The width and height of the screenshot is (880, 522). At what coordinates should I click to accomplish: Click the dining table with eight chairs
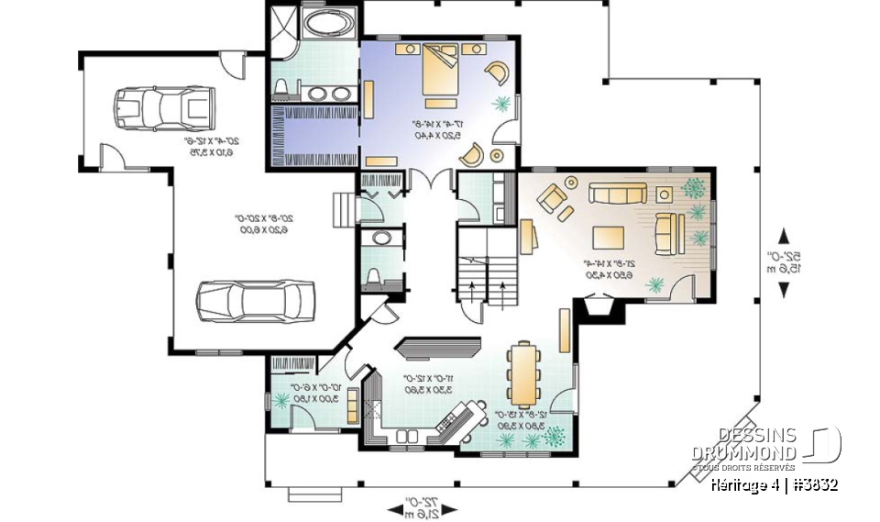pos(523,374)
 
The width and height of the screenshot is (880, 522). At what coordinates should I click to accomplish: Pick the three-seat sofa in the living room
pos(617,193)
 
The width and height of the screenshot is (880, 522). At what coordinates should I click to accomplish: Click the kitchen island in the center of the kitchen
pos(439,347)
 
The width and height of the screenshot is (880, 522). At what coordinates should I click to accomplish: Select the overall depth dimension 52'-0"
pos(784,261)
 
